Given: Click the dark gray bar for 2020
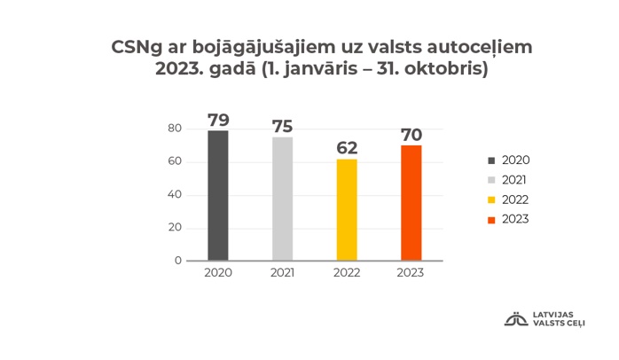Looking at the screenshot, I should [x=217, y=195].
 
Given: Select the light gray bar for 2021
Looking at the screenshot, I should [x=282, y=199].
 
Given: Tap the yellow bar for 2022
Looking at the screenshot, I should [x=347, y=209].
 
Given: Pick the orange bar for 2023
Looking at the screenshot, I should [x=411, y=202].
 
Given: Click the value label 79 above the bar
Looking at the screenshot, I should [x=218, y=120].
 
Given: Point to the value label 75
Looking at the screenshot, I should [x=282, y=127].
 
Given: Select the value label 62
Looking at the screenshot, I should [x=347, y=148].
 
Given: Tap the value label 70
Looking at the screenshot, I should [x=411, y=135].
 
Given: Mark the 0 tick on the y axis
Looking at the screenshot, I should [x=177, y=261].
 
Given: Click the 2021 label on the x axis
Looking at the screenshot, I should [x=282, y=273].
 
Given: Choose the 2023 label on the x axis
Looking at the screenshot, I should [x=411, y=273].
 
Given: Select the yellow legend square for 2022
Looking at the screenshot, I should [x=490, y=199].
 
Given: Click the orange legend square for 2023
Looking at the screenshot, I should [x=490, y=218].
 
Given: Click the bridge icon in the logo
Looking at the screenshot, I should [x=515, y=319].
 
